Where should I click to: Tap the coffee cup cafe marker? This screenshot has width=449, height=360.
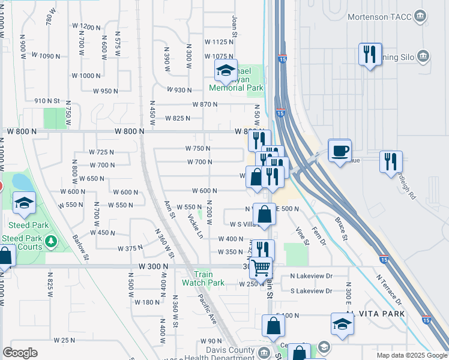(x=340, y=150)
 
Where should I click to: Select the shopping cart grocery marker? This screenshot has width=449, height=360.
(x=261, y=268)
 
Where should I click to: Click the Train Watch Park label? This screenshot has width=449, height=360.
(x=203, y=278)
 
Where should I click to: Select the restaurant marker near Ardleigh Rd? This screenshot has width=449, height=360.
(x=391, y=161)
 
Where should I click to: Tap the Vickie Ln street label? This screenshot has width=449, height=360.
(x=195, y=226)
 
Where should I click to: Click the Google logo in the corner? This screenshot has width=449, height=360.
(x=20, y=353)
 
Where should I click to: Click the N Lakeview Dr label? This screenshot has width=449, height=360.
(x=311, y=276)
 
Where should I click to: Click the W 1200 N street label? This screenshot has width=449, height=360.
(x=86, y=27)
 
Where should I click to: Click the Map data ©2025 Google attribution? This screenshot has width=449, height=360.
(x=412, y=355)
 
